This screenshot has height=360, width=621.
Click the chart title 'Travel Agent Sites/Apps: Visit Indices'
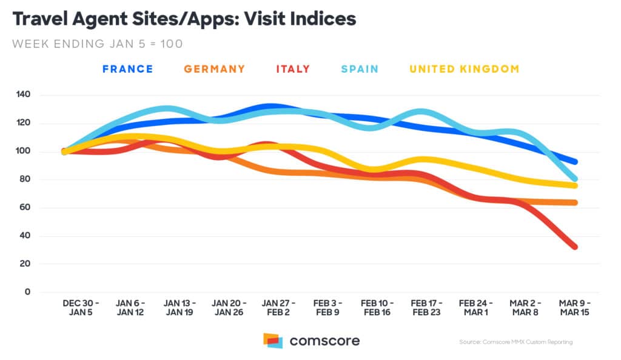tap(184, 19)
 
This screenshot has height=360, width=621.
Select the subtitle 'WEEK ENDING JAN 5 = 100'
tap(97, 44)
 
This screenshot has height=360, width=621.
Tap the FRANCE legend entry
tap(127, 69)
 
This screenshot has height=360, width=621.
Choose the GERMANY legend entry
tap(215, 69)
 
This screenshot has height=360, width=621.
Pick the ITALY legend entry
tap(293, 69)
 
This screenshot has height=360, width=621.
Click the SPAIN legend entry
tap(359, 69)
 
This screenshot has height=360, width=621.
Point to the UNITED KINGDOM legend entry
tap(465, 69)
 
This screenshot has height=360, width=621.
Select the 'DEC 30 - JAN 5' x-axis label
tap(81, 307)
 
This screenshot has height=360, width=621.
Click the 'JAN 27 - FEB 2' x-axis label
tap(278, 307)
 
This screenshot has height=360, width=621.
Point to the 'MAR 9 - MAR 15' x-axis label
tap(574, 307)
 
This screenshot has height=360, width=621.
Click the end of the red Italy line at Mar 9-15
tap(574, 247)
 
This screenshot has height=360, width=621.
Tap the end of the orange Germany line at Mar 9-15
tap(574, 202)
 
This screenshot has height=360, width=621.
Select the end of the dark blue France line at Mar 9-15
tap(574, 162)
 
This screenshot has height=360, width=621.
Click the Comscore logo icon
tap(273, 341)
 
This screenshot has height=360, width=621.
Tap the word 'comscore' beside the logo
tap(324, 341)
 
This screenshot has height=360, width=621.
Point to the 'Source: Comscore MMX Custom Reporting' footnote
tap(515, 342)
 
